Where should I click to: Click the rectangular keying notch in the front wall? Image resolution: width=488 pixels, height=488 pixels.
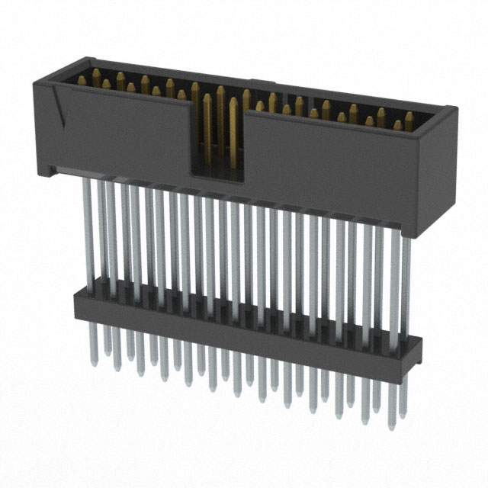point(217,141)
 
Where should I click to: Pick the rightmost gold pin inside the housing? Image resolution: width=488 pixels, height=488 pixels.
point(409,118)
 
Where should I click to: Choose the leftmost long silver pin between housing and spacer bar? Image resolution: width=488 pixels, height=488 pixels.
point(97,229)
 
